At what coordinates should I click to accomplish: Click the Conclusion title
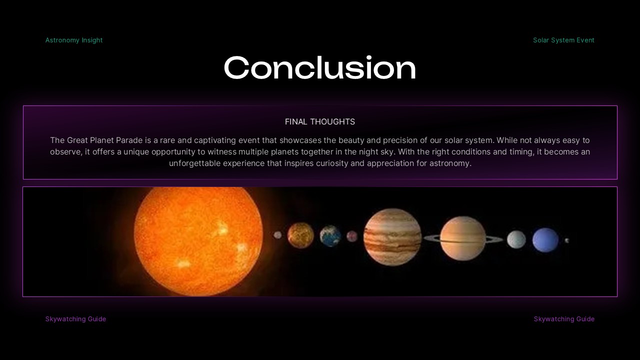click(319, 68)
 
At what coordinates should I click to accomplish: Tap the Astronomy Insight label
click(74, 40)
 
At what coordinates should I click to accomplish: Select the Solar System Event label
click(563, 40)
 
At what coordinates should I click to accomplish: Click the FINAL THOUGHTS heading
click(320, 121)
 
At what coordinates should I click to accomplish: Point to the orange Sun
click(198, 241)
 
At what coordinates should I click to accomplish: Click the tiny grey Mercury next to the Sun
click(277, 235)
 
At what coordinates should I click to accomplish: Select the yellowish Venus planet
click(300, 235)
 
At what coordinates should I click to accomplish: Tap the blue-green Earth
click(330, 236)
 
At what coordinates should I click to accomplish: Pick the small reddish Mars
click(352, 236)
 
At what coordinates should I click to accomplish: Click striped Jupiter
click(392, 237)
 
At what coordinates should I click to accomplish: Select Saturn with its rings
click(463, 238)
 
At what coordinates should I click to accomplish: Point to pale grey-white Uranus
click(516, 239)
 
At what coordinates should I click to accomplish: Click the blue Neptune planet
click(545, 239)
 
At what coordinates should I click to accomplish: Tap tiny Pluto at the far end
click(566, 240)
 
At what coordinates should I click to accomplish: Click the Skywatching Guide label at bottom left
click(75, 319)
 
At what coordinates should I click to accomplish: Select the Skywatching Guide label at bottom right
click(564, 319)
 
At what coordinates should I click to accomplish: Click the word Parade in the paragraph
click(129, 140)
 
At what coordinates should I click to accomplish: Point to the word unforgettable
click(194, 163)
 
